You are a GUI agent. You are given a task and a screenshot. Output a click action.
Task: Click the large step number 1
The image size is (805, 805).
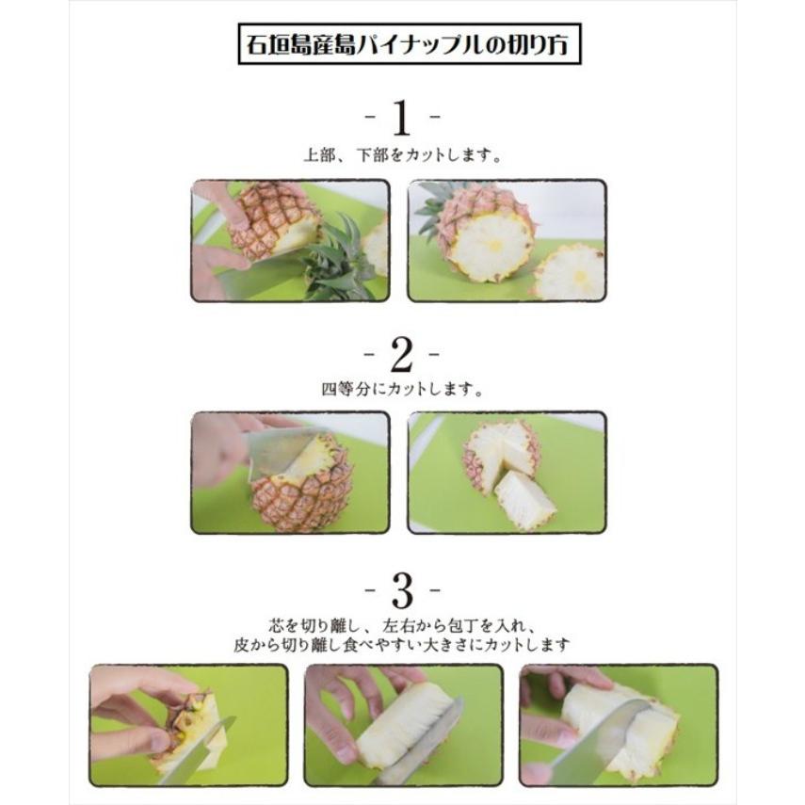(x=402, y=120)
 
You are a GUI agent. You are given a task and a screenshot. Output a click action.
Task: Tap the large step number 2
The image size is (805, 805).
(x=402, y=355)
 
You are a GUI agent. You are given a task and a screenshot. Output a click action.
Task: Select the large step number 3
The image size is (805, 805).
(x=402, y=590)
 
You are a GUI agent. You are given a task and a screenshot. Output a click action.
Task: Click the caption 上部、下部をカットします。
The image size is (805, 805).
(x=402, y=156)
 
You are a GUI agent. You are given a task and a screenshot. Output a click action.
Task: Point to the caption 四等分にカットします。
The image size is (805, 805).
(x=402, y=389)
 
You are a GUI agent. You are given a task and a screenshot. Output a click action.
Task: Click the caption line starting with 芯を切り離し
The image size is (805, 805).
(x=402, y=625)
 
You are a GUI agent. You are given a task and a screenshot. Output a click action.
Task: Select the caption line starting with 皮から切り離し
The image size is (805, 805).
(x=402, y=645)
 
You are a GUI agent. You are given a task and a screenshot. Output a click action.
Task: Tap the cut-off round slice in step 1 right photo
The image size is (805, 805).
(x=569, y=271)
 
